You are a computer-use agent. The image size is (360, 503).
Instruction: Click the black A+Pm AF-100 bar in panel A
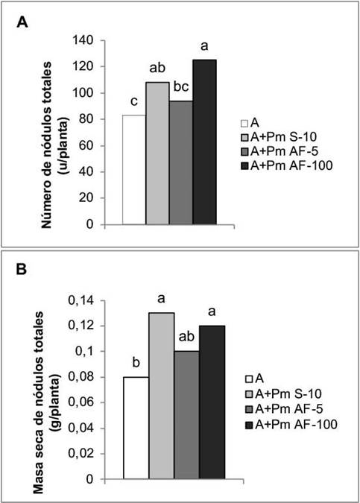click(x=204, y=142)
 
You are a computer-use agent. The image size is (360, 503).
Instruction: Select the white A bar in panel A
click(x=134, y=169)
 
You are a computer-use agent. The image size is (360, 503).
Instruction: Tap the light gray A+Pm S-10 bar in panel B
click(x=162, y=396)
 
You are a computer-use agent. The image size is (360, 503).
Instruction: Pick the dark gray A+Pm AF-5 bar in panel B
click(x=187, y=415)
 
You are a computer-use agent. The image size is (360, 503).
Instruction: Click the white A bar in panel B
click(x=136, y=428)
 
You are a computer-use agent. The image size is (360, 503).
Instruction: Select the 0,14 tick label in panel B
click(x=80, y=301)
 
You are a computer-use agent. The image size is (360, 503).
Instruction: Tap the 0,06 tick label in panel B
click(x=80, y=402)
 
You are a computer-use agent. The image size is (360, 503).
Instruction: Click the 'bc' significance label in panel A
click(x=181, y=86)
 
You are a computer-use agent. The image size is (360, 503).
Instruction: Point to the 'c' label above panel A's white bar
click(x=134, y=101)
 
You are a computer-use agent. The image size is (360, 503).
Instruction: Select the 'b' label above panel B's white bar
click(x=136, y=363)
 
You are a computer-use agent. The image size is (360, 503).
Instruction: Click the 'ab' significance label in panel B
click(x=186, y=337)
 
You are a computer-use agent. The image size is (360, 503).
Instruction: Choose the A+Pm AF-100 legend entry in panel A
click(x=286, y=165)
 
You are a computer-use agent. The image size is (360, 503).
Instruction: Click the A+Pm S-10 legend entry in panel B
click(x=283, y=393)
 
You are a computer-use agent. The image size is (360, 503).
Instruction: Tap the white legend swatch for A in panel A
click(x=244, y=123)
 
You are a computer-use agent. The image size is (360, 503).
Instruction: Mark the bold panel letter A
click(x=22, y=22)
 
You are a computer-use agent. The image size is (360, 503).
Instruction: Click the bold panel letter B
click(x=22, y=270)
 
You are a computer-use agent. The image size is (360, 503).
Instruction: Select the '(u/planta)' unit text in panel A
click(x=64, y=146)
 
